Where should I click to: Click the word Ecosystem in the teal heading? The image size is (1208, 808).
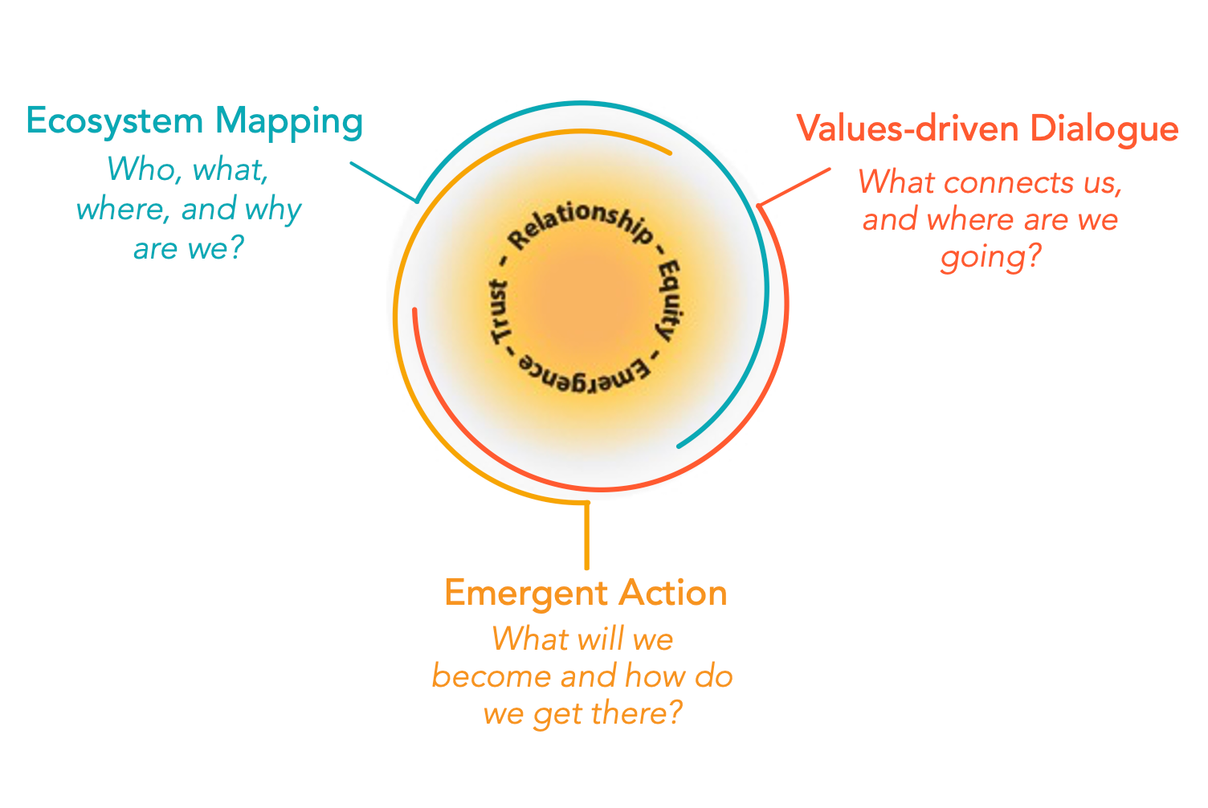click(115, 122)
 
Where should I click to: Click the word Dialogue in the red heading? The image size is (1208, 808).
click(1104, 130)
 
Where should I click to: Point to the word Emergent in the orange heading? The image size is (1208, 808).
click(526, 594)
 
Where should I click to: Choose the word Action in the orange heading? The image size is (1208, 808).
click(673, 594)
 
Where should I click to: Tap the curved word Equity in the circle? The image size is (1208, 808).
click(669, 300)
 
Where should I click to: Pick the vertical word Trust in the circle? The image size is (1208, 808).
click(499, 312)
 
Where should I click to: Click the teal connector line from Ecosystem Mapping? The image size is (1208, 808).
click(383, 182)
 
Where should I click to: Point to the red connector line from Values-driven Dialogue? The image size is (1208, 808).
click(794, 187)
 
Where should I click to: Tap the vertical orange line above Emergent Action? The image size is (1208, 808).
click(587, 535)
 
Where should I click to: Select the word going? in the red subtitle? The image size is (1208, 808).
click(990, 257)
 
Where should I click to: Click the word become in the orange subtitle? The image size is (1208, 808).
click(491, 677)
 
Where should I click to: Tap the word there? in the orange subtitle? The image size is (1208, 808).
click(637, 713)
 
